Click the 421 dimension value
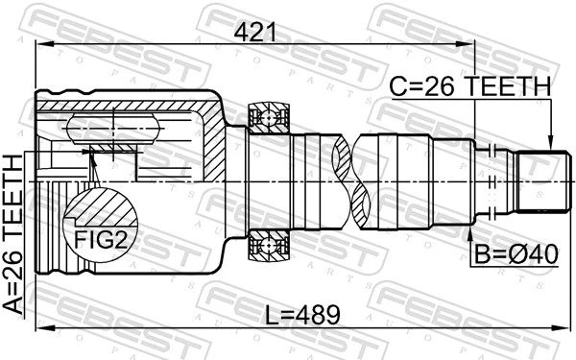(254, 33)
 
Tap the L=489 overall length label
(302, 315)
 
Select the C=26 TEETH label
(470, 86)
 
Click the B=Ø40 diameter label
(516, 254)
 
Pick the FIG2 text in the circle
(101, 240)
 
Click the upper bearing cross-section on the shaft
(269, 118)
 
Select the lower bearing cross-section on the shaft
(269, 245)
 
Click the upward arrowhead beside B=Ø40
(470, 231)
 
